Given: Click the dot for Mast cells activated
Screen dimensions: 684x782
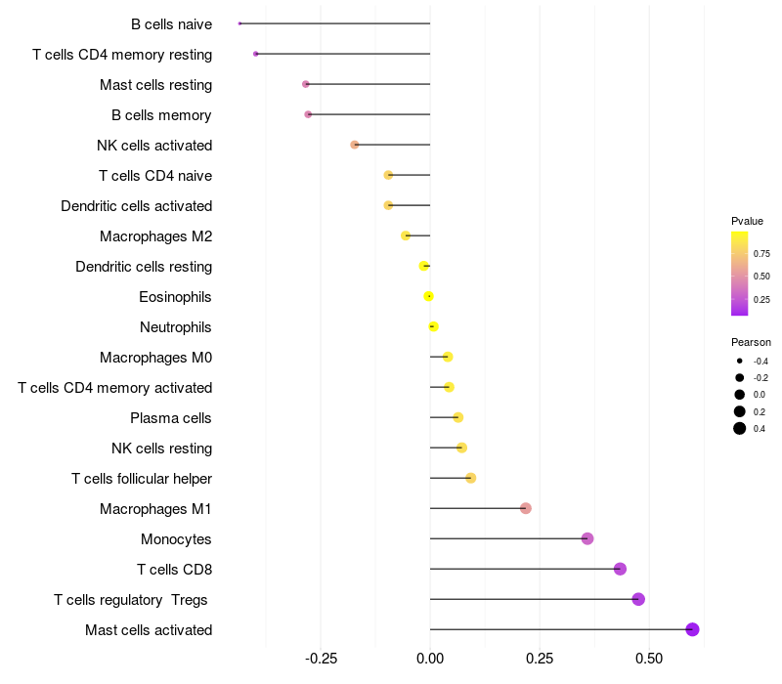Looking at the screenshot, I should click(692, 629).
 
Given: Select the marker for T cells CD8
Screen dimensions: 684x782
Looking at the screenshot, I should click(620, 569).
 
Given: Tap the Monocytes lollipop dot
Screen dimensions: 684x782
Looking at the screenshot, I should click(587, 538).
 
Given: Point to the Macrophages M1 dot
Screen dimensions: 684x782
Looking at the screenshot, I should click(526, 508).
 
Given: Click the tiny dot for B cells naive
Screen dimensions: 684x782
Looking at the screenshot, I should click(239, 23).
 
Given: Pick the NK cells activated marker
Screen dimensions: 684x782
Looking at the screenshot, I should click(355, 145).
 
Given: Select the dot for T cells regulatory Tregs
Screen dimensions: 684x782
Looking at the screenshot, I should click(638, 599).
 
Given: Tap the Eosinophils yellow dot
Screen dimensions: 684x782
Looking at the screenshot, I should click(428, 296).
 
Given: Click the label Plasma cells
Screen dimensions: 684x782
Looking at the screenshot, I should click(171, 418).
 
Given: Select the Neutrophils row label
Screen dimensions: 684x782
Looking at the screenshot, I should click(176, 327).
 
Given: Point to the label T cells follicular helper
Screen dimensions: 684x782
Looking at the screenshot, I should click(142, 479).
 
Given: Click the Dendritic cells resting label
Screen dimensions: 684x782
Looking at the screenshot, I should click(144, 267).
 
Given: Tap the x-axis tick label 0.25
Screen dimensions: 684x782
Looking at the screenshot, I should click(541, 659).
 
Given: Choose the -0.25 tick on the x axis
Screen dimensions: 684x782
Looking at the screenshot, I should click(320, 659).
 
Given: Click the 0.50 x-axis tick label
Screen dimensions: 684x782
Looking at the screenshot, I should click(650, 659).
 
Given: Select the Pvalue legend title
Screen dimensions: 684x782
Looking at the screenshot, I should click(747, 221).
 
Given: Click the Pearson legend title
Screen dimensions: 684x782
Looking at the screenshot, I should click(751, 342).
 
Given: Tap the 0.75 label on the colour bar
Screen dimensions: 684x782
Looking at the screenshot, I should click(761, 253).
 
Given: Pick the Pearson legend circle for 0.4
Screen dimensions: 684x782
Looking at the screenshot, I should click(740, 428).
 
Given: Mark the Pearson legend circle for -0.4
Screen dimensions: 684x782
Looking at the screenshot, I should click(740, 361).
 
